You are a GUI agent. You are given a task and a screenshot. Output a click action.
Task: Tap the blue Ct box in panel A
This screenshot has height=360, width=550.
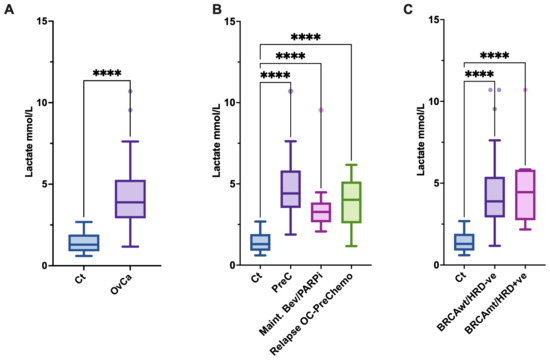click(83, 242)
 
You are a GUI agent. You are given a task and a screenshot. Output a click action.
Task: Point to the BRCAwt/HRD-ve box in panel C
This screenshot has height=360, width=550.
click(493, 197)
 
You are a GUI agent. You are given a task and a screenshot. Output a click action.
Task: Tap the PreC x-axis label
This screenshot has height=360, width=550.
click(281, 289)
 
